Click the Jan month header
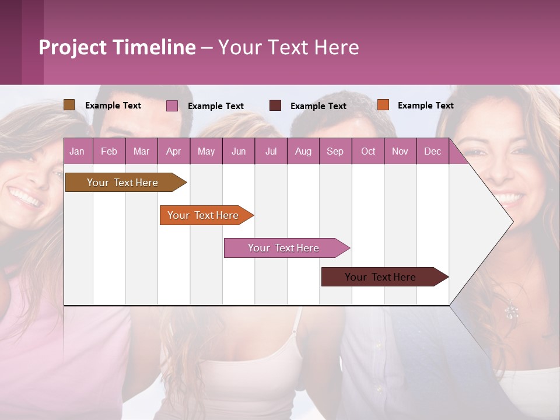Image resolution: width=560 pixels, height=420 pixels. (x=77, y=151)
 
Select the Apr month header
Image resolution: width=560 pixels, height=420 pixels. (x=173, y=151)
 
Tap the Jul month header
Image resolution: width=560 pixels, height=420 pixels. (x=271, y=151)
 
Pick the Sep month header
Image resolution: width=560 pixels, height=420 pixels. (x=335, y=151)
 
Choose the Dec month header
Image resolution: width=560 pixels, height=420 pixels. (x=432, y=151)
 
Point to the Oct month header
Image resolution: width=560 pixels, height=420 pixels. (x=367, y=151)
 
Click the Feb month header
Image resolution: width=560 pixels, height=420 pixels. (x=109, y=151)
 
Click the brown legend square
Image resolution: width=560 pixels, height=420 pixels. (x=69, y=105)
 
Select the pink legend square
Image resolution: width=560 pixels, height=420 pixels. (x=172, y=106)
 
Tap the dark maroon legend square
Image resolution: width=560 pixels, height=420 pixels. (x=275, y=106)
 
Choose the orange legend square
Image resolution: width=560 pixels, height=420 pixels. (x=383, y=105)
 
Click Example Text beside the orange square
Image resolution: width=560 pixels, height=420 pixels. (x=425, y=106)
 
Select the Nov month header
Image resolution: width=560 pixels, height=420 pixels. (x=400, y=151)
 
